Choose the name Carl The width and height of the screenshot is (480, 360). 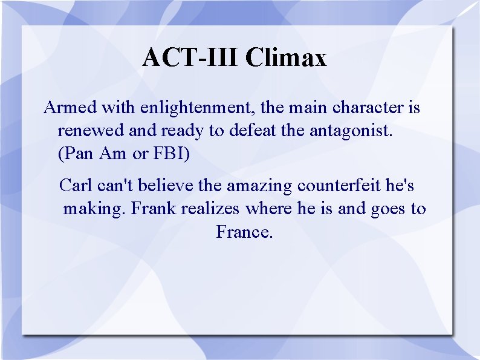click(x=76, y=185)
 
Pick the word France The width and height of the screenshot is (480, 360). click(x=245, y=232)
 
